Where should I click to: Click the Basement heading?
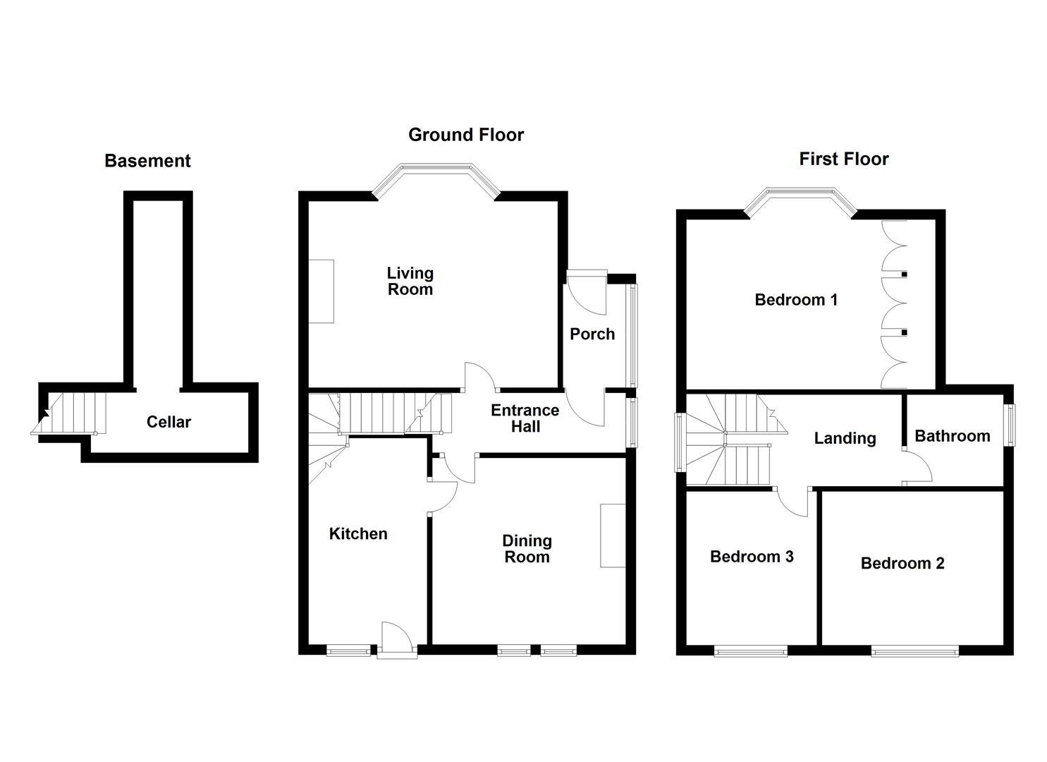(x=147, y=161)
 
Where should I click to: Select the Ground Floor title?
(x=466, y=135)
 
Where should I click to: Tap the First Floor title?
(x=843, y=159)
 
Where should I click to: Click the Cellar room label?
(x=169, y=422)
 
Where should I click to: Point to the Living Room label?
(x=410, y=281)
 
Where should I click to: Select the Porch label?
(x=592, y=334)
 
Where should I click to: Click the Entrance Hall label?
(x=525, y=418)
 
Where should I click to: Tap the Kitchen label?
(x=358, y=534)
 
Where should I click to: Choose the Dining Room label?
(x=527, y=549)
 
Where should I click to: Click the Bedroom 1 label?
(x=796, y=300)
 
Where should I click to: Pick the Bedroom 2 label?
(x=902, y=563)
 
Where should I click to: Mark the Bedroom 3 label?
(x=752, y=557)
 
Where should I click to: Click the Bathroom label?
(x=952, y=436)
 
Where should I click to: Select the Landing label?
(x=845, y=438)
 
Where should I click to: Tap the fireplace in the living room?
(x=322, y=291)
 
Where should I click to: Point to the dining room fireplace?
(x=612, y=535)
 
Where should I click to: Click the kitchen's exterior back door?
(x=396, y=639)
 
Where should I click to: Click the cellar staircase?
(x=71, y=413)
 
